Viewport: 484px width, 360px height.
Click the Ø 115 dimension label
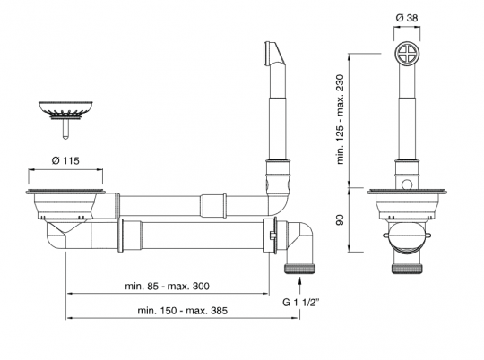point(68,160)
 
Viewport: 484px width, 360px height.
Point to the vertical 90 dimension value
point(341,219)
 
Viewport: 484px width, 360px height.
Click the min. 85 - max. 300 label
point(169,287)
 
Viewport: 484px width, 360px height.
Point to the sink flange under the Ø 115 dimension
point(68,192)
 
